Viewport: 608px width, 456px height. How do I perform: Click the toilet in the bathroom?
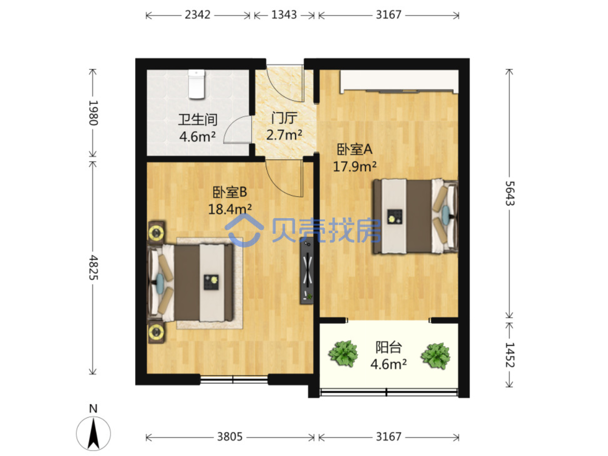tap(196, 84)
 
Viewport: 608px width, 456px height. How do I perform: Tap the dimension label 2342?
tap(197, 15)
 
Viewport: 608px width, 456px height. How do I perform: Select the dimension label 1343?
tap(284, 15)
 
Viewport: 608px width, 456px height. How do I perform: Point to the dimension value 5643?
tap(510, 193)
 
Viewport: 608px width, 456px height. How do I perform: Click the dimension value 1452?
tap(510, 354)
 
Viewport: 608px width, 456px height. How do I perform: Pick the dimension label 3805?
tap(230, 437)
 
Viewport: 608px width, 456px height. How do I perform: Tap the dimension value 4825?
tap(93, 267)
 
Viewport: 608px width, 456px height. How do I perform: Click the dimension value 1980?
tap(93, 113)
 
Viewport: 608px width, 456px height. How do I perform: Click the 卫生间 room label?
tap(197, 120)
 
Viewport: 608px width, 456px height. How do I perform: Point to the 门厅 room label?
tap(284, 118)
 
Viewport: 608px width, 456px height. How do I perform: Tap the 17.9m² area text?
tap(355, 167)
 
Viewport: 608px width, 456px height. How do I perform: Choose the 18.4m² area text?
tap(230, 209)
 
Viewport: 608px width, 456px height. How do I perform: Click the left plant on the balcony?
tap(343, 354)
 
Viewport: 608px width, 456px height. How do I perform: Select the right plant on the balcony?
tap(436, 356)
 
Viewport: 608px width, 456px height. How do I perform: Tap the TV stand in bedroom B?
tap(307, 270)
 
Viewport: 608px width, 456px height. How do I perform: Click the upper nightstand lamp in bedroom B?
tap(156, 233)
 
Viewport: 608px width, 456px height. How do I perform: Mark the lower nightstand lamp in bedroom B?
tap(156, 332)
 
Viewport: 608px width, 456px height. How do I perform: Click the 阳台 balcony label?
tap(388, 347)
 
